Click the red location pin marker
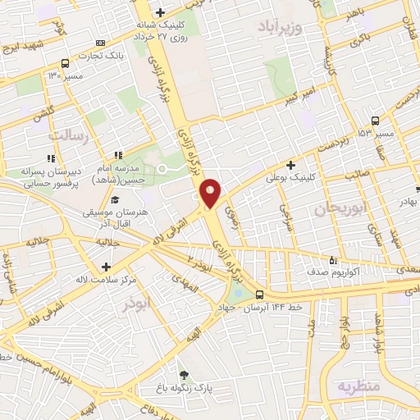(x=211, y=192)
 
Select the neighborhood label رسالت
(x=68, y=135)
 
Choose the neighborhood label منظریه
(x=358, y=384)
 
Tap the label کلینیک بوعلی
(x=290, y=176)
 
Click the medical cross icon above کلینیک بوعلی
(x=290, y=164)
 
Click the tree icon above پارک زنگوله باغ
(x=183, y=375)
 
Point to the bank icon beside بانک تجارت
(x=100, y=43)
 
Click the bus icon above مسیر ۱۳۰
(x=65, y=63)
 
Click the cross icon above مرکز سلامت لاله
(x=106, y=266)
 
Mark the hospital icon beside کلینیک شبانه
(x=160, y=11)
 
